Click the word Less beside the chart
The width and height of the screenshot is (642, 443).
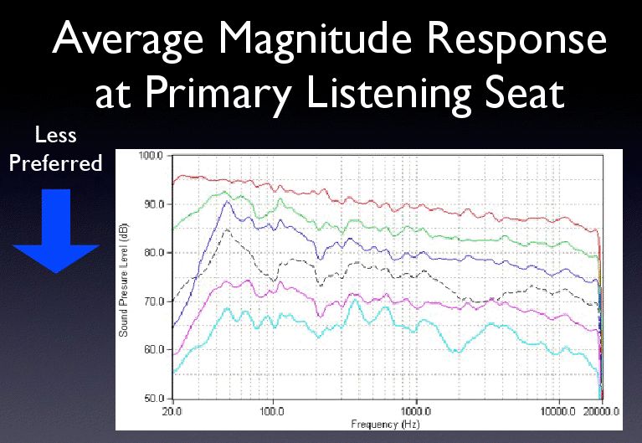[x=55, y=137]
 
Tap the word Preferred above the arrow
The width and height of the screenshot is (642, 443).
[x=55, y=162]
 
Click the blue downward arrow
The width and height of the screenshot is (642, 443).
[x=55, y=230]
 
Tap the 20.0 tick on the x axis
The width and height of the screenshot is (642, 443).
[x=172, y=411]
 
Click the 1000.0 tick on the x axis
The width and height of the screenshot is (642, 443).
[x=416, y=411]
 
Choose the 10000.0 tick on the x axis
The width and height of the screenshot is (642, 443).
[x=557, y=411]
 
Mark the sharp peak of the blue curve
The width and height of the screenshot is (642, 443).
[x=225, y=201]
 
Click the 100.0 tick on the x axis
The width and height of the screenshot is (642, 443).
[x=273, y=411]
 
